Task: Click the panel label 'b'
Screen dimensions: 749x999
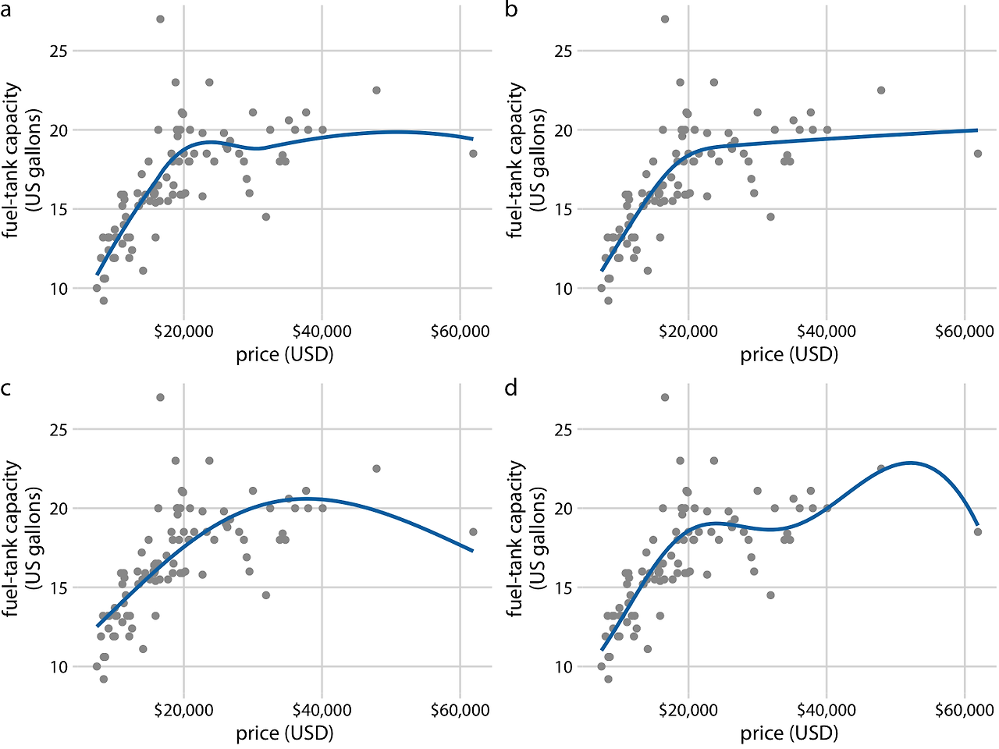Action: pyautogui.click(x=511, y=12)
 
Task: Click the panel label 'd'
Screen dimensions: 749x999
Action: pyautogui.click(x=511, y=388)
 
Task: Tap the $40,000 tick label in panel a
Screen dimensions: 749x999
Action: pyautogui.click(x=322, y=332)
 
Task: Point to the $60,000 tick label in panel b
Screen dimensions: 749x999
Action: pyautogui.click(x=965, y=332)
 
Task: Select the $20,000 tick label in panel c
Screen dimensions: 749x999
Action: pyautogui.click(x=184, y=710)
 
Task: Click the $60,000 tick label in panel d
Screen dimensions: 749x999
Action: pyautogui.click(x=965, y=710)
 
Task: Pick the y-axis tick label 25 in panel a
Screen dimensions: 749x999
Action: pyautogui.click(x=60, y=51)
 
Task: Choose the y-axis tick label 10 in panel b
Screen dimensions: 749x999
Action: pyautogui.click(x=564, y=289)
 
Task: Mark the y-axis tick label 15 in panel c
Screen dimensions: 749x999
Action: pyautogui.click(x=60, y=587)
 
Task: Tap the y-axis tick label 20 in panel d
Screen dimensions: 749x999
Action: pyautogui.click(x=564, y=509)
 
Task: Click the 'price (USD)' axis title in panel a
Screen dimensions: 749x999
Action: pyautogui.click(x=285, y=355)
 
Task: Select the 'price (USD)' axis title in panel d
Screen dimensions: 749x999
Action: pyautogui.click(x=789, y=733)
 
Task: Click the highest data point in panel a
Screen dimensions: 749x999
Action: pyautogui.click(x=160, y=19)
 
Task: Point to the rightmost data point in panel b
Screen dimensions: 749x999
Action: pyautogui.click(x=977, y=154)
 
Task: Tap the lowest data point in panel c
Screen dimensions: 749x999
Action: pyautogui.click(x=103, y=679)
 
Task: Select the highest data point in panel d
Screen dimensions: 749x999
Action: pyautogui.click(x=665, y=397)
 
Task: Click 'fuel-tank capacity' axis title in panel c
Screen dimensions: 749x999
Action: pyautogui.click(x=11, y=538)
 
